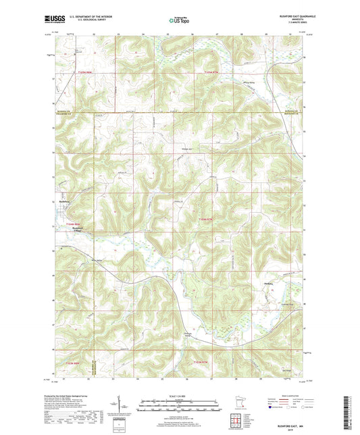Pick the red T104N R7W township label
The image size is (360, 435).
(x=205, y=220)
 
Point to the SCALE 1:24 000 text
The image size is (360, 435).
(x=180, y=395)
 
